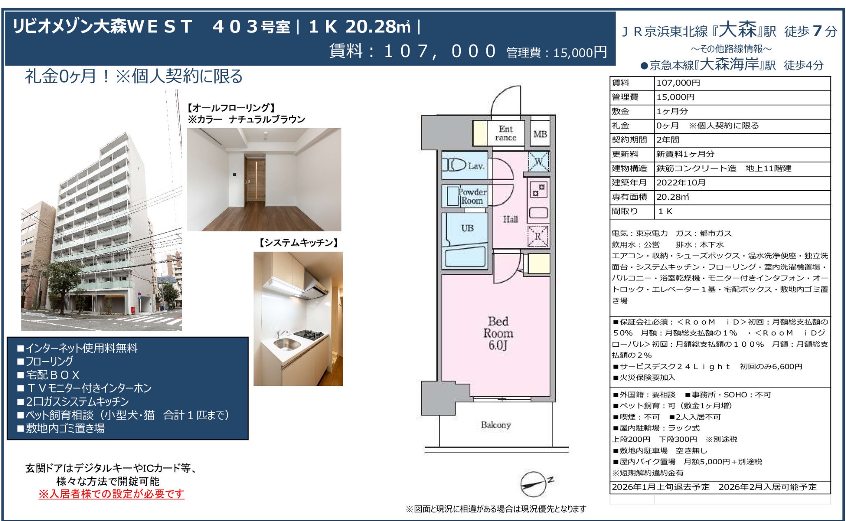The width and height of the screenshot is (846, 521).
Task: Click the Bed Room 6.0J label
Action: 498,333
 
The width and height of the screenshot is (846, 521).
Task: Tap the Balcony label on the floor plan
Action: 496,425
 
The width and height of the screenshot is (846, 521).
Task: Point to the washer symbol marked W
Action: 539,161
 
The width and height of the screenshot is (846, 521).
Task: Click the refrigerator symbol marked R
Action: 538,236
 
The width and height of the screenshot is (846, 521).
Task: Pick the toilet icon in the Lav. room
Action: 454,165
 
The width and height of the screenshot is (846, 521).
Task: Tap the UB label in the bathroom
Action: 467,228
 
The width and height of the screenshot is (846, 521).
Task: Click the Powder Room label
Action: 472,196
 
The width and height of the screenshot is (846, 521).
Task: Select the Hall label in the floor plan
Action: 510,219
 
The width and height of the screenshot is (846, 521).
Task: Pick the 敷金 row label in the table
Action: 620,111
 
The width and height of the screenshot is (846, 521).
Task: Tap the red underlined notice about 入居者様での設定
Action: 111,494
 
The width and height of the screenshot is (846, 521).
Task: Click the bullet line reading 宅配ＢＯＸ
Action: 48,375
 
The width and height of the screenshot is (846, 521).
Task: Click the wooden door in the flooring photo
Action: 255,178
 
